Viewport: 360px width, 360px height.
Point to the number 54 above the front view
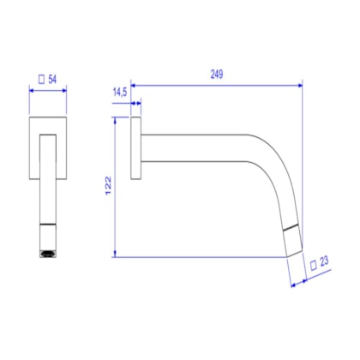[x=52, y=79]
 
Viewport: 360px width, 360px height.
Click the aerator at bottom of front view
[x=47, y=254]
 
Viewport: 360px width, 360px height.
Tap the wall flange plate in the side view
[x=135, y=149]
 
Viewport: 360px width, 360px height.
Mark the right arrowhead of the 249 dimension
[x=300, y=86]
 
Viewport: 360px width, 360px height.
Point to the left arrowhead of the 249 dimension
[x=134, y=86]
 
